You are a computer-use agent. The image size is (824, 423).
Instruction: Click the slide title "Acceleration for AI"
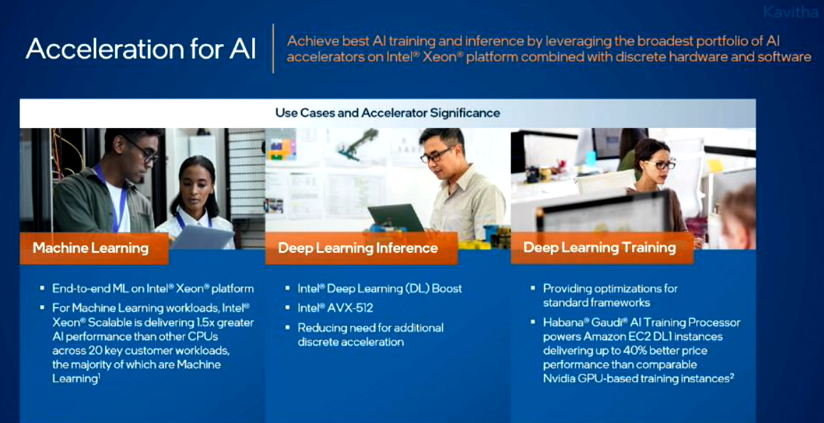(x=141, y=48)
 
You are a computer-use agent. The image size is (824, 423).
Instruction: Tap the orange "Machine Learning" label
(x=94, y=248)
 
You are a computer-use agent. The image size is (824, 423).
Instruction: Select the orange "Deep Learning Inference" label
(x=361, y=248)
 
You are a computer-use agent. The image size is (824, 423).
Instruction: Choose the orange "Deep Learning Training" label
(x=601, y=248)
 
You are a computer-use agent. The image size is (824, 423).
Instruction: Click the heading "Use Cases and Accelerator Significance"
(x=387, y=112)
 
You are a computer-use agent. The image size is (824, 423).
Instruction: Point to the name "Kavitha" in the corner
(x=790, y=12)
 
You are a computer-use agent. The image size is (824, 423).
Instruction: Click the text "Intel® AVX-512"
(x=336, y=308)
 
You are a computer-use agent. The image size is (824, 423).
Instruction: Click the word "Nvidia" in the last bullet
(x=559, y=378)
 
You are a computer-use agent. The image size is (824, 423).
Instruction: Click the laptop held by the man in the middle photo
(x=396, y=217)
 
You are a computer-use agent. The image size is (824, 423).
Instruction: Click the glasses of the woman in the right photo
(x=658, y=164)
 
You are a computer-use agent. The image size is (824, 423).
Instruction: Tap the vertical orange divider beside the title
(x=273, y=48)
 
